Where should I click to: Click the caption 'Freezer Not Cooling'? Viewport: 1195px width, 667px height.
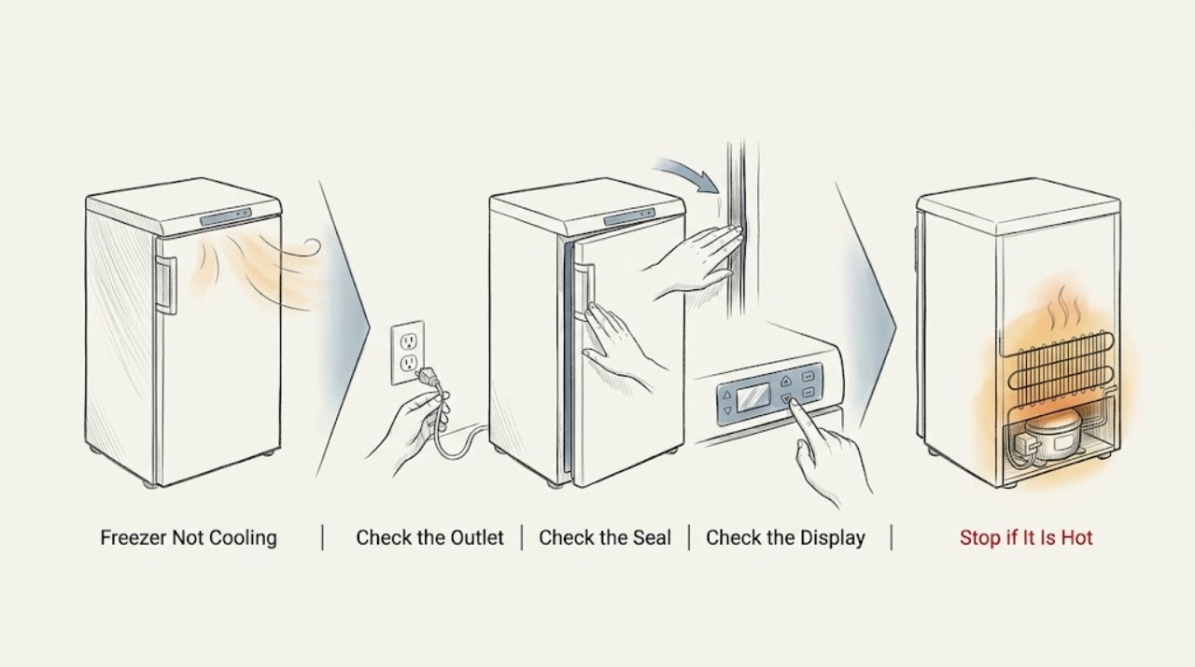(x=189, y=537)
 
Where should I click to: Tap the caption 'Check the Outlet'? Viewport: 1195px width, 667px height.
(x=429, y=537)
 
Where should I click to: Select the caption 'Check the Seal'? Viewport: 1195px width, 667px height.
(x=605, y=537)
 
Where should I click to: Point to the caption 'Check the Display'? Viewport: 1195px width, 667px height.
(x=785, y=537)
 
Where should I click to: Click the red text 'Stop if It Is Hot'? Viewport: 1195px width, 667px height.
(x=1026, y=537)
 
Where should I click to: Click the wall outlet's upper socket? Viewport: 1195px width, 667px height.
(x=408, y=340)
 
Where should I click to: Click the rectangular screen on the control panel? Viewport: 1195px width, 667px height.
(x=753, y=397)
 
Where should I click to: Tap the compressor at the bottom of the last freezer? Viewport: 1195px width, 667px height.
(x=1054, y=437)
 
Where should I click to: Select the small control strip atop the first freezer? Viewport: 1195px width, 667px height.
(x=226, y=218)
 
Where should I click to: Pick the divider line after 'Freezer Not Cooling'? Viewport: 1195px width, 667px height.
(x=323, y=537)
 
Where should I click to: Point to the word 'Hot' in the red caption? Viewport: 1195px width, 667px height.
(x=1077, y=537)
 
